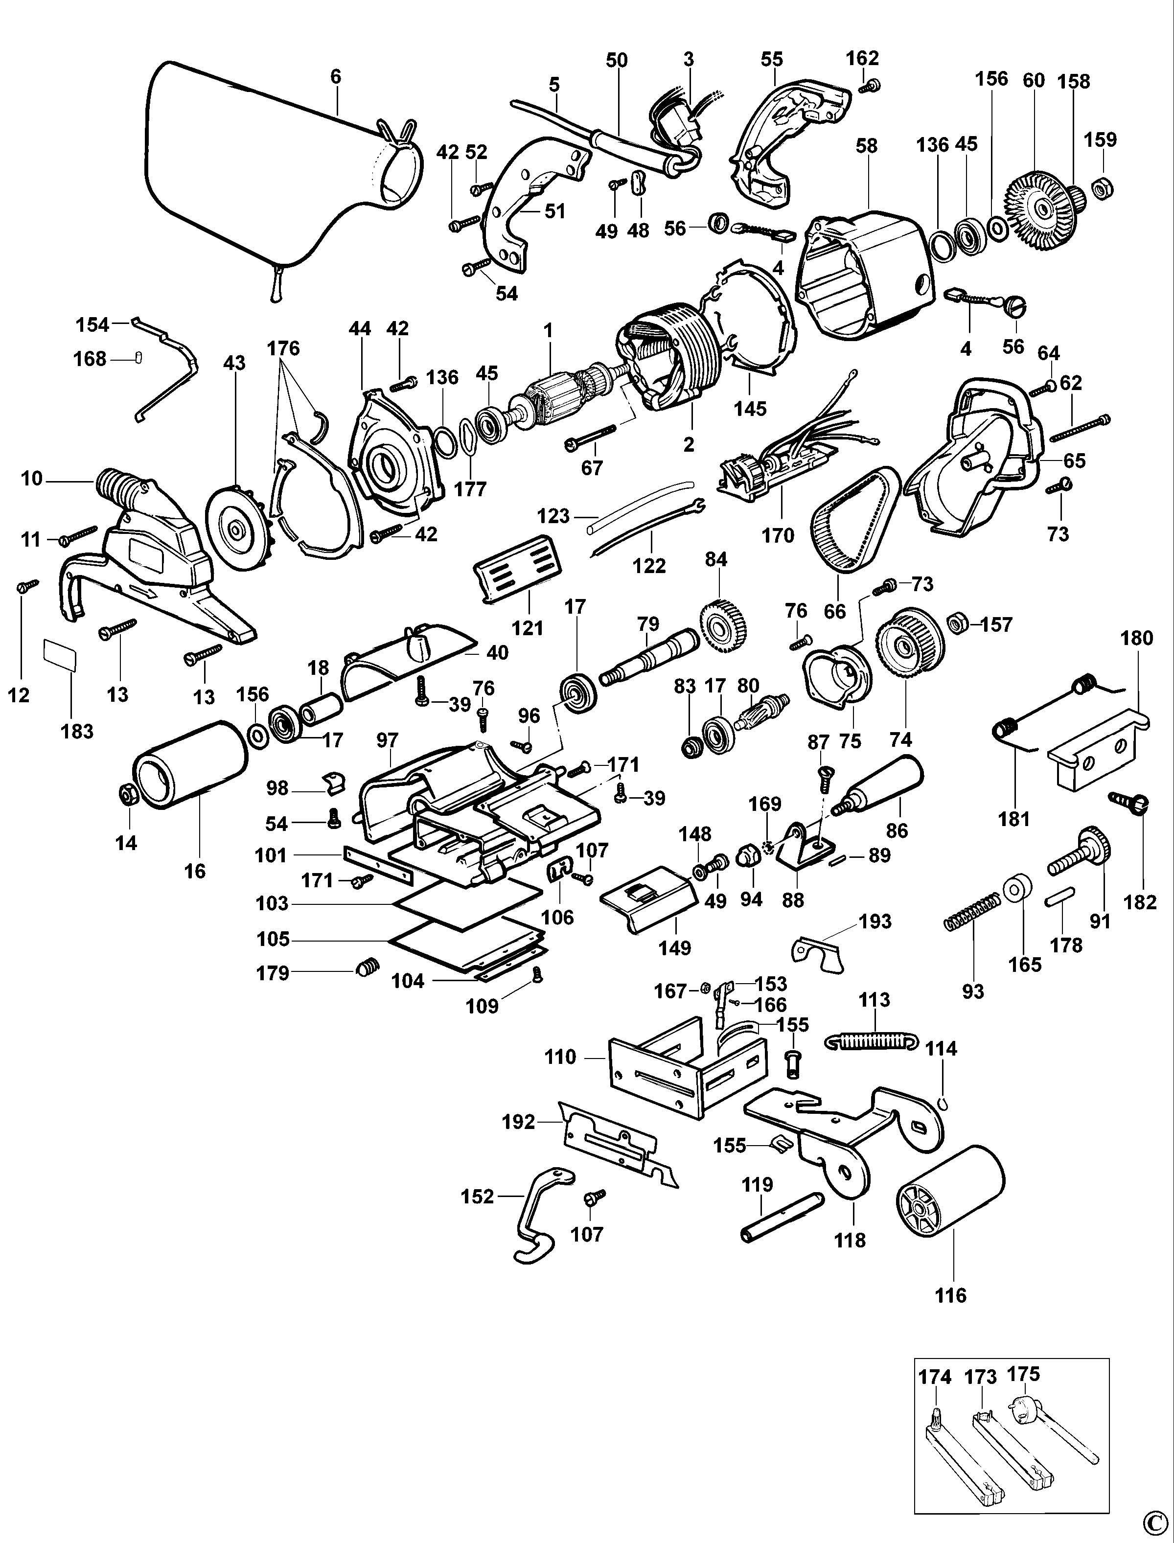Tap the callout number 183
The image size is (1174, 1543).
click(77, 731)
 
